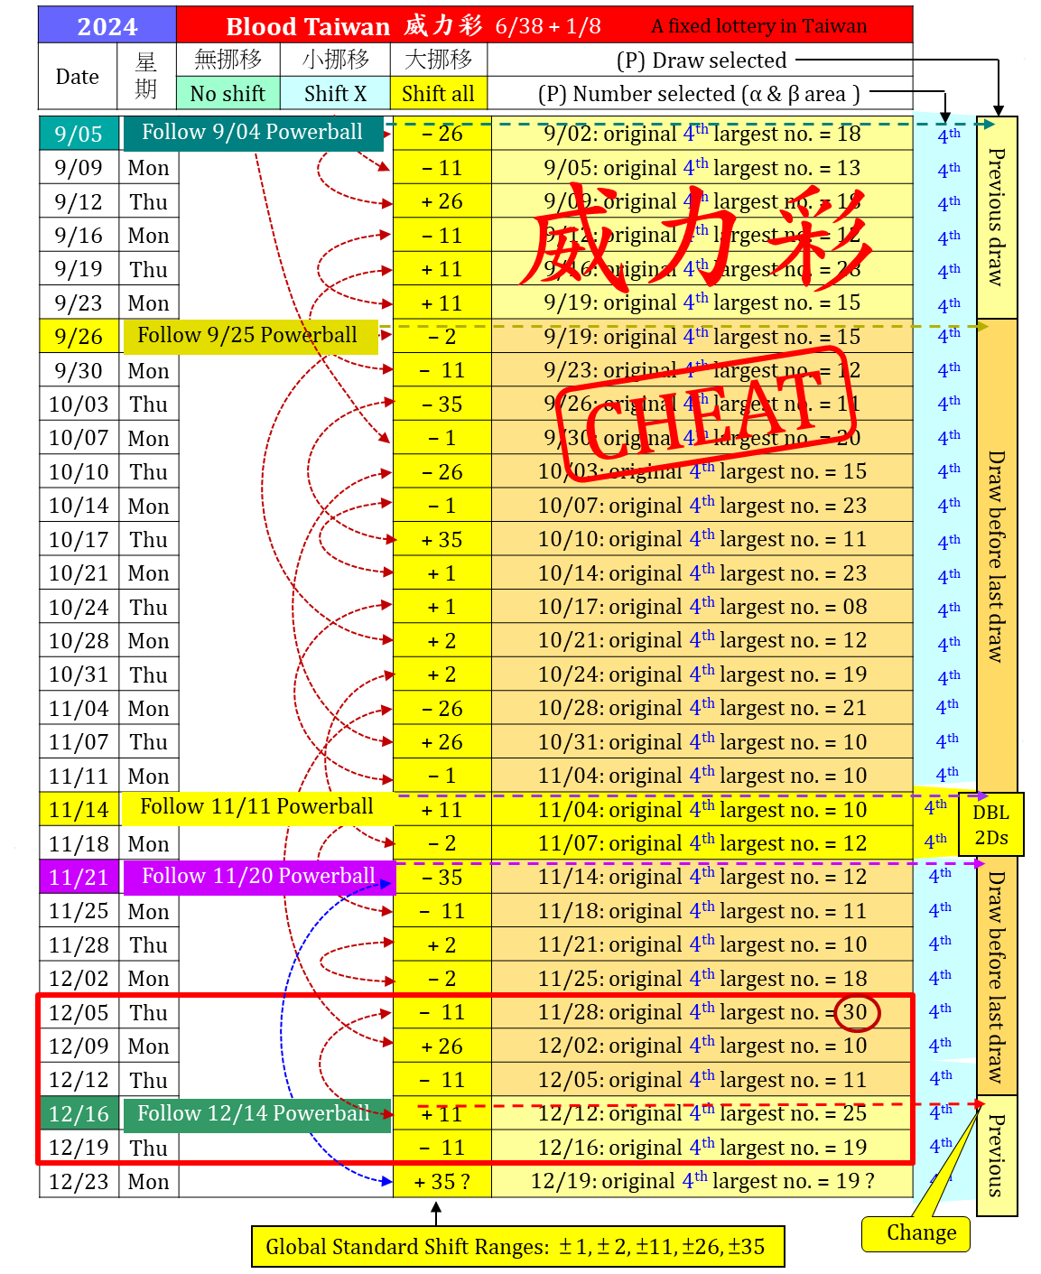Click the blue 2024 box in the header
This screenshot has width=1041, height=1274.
tap(107, 25)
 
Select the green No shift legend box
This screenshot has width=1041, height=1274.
tap(228, 93)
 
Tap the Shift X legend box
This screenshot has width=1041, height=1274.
tap(335, 93)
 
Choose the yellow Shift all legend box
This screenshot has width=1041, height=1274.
tap(438, 93)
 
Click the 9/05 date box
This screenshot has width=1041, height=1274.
tap(79, 134)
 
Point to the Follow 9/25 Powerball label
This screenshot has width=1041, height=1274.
tap(249, 336)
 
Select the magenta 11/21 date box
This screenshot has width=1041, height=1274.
tap(79, 877)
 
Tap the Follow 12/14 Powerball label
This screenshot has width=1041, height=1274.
tap(256, 1114)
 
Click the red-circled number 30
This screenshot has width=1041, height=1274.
tap(855, 1012)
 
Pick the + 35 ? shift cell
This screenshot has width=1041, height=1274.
tap(441, 1181)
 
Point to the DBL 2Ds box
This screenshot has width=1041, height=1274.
tap(990, 824)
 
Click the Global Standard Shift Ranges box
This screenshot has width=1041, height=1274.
tap(517, 1247)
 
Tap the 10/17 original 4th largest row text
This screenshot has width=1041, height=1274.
tap(702, 607)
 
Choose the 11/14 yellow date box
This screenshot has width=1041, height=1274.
tap(79, 809)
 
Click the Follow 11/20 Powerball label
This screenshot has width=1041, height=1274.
tap(258, 877)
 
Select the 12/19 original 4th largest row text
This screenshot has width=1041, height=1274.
tap(702, 1181)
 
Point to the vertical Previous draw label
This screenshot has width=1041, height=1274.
tap(996, 217)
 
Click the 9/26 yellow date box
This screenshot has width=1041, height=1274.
tap(79, 336)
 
